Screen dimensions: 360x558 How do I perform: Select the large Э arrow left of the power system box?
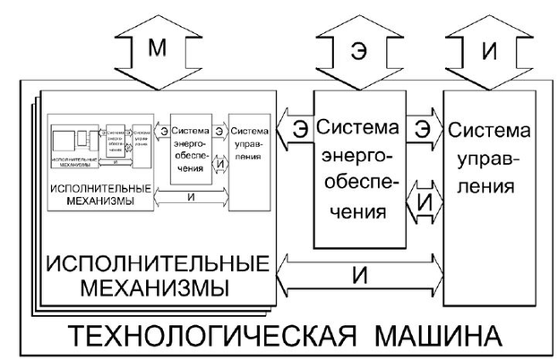294,132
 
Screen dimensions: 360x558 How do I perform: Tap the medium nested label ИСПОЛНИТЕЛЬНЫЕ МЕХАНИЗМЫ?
99,195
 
